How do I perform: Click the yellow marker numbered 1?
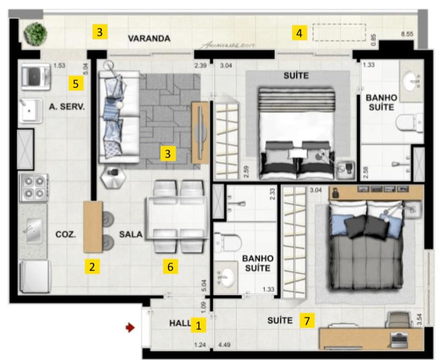tap(199, 324)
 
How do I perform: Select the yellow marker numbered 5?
tap(76, 83)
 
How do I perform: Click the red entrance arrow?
tap(130, 328)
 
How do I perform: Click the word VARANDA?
tap(149, 38)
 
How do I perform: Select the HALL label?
tap(179, 324)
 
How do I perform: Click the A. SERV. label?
tap(67, 107)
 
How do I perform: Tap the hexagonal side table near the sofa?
tap(113, 177)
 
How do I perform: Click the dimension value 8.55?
tap(407, 34)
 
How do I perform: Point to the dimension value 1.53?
tap(60, 65)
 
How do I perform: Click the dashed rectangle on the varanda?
tap(339, 33)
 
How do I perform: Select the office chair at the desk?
tap(397, 321)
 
